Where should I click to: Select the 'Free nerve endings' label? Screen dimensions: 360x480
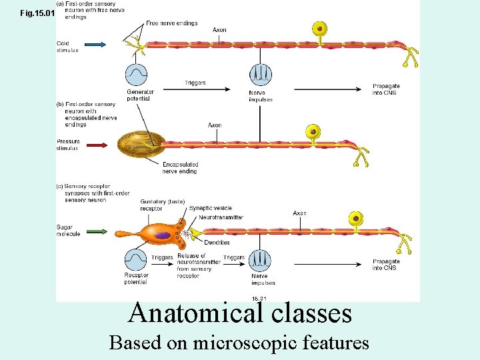(x=171, y=23)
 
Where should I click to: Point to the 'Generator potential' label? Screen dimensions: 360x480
(x=140, y=95)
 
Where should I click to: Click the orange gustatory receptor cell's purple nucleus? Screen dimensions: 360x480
(x=163, y=235)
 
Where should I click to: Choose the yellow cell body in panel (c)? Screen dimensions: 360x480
(x=357, y=218)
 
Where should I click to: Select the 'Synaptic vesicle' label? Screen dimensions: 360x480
(x=210, y=209)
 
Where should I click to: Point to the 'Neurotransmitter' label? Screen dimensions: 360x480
(x=221, y=217)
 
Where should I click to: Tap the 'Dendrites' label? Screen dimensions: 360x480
(x=217, y=243)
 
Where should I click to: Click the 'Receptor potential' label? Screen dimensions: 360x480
(x=136, y=278)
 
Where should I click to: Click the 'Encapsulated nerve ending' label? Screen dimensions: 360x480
(x=180, y=168)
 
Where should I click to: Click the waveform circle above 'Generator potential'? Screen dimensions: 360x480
(x=137, y=73)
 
